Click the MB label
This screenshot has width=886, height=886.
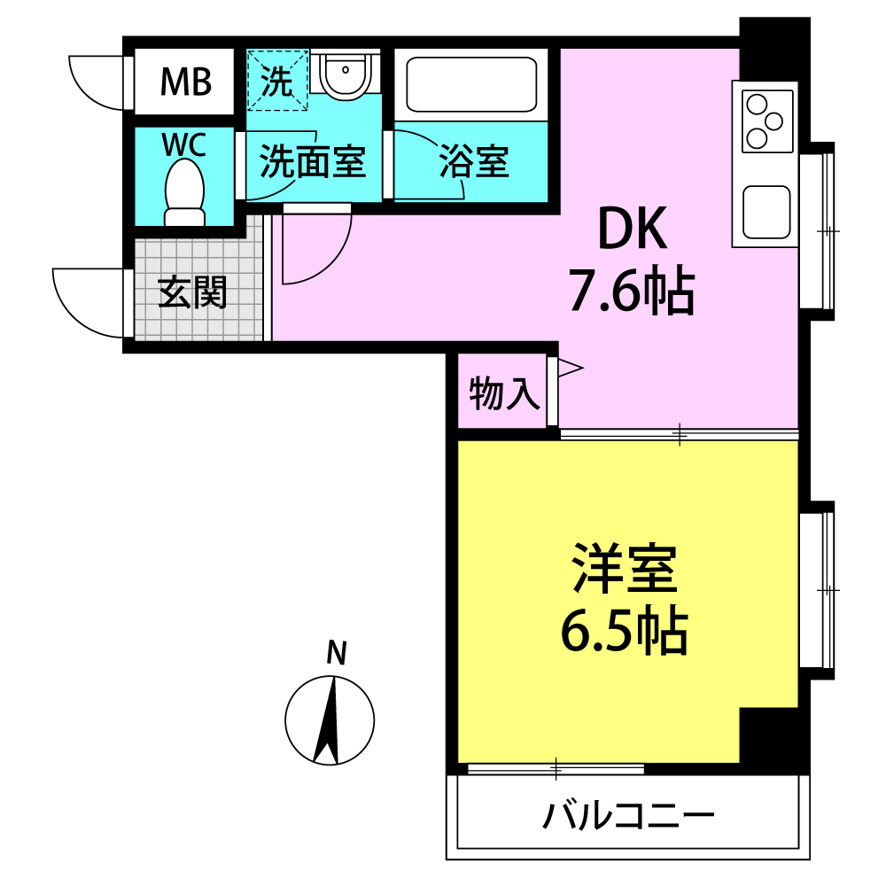(x=186, y=82)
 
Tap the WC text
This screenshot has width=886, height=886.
(x=184, y=144)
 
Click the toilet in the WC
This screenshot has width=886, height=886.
(x=184, y=192)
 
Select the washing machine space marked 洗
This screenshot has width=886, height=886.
(x=277, y=80)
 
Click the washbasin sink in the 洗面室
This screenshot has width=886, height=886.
(x=345, y=74)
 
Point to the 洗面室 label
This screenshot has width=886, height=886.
(x=313, y=162)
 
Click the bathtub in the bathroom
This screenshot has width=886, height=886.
(x=471, y=84)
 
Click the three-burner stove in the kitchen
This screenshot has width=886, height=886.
(x=767, y=120)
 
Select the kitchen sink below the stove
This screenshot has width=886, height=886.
(x=766, y=212)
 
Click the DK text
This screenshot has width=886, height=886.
(x=633, y=229)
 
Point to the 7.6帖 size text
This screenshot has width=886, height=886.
(x=632, y=290)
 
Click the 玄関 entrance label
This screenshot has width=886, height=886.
(x=192, y=292)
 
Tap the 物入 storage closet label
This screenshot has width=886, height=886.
(x=504, y=393)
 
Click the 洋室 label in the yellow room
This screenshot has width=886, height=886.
(x=625, y=569)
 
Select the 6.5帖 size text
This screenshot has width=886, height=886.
(x=625, y=630)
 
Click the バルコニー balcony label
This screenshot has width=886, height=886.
(x=628, y=816)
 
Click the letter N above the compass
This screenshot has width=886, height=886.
(x=337, y=653)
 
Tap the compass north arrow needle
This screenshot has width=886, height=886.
(x=327, y=720)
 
